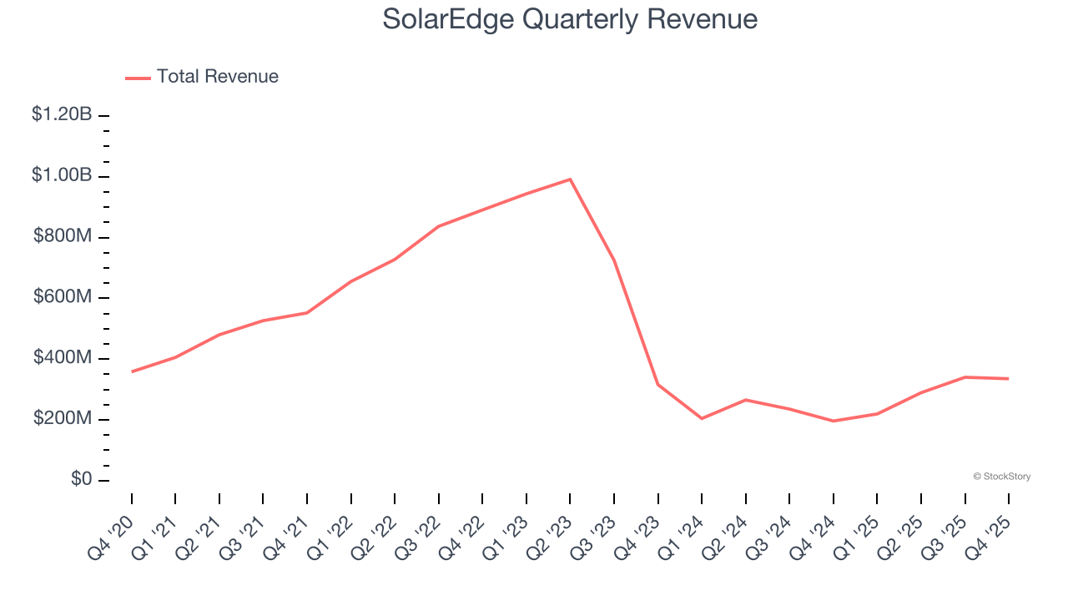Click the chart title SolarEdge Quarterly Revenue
[x=570, y=19]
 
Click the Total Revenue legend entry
[x=202, y=77]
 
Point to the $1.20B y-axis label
[x=62, y=115]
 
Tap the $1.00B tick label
[x=62, y=176]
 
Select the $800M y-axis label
[x=63, y=237]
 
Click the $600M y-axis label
[x=63, y=298]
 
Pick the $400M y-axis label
[x=63, y=358]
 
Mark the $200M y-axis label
[x=63, y=419]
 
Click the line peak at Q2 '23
[x=570, y=179]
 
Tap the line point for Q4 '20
[x=132, y=371]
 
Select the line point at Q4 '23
[x=657, y=384]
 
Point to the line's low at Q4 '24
[x=833, y=421]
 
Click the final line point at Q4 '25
[x=1008, y=378]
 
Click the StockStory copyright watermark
[x=1001, y=477]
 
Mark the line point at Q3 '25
[x=965, y=377]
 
